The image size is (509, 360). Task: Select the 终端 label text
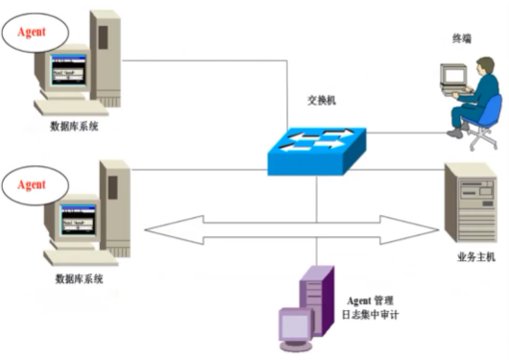click(462, 38)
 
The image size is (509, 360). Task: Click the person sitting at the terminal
click(478, 101)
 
